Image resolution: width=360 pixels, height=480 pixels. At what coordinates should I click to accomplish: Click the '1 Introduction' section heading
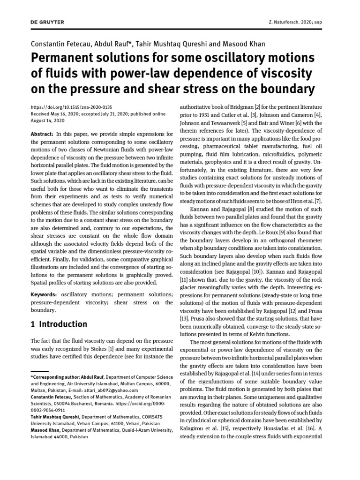click(59, 324)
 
